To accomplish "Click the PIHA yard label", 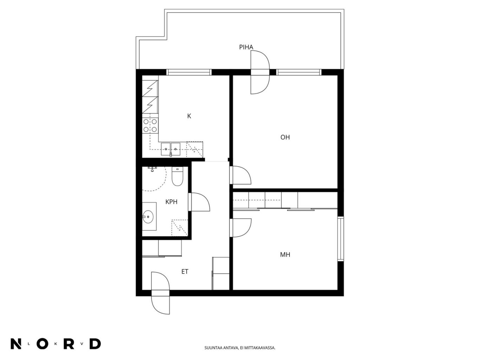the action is (246, 47).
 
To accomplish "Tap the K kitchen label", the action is (189, 116).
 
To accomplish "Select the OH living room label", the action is (285, 137).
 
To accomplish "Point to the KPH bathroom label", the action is (171, 202).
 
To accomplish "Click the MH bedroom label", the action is (285, 255).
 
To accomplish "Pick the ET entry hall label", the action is (185, 272).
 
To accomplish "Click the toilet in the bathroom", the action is (177, 176).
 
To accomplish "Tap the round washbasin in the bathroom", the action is (148, 216).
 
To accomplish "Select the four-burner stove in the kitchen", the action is (150, 125).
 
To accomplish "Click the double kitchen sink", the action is (170, 149).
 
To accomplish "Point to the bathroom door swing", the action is (199, 202).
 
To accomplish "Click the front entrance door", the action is (161, 293).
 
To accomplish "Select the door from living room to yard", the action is (260, 72).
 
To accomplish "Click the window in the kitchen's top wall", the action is (189, 72).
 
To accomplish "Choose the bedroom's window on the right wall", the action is (340, 239).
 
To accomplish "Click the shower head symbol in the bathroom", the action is (153, 169).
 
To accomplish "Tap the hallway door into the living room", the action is (240, 175).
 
